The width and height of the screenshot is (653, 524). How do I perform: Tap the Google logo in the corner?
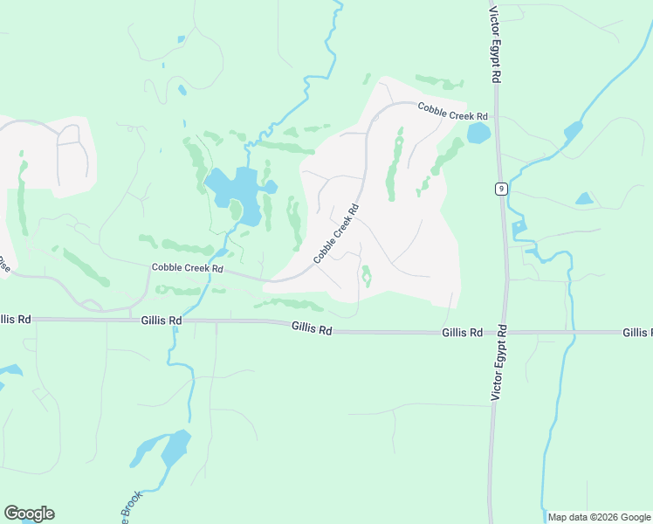[x=29, y=514]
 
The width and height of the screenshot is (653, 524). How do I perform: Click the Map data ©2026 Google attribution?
[x=599, y=517]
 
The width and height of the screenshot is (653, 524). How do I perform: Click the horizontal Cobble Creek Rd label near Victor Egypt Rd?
[x=451, y=111]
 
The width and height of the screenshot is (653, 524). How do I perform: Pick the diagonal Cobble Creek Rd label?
[x=336, y=235]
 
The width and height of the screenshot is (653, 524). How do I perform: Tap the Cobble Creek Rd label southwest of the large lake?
[x=187, y=268]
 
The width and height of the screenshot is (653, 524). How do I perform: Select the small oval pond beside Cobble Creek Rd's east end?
[x=478, y=134]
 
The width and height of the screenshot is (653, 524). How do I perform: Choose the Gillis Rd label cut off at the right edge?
[x=637, y=333]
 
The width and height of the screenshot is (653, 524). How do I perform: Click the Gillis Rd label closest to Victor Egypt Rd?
[x=462, y=333]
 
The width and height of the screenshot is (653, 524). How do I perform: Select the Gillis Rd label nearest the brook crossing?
[x=161, y=321]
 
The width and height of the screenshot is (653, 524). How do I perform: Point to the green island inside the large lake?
[x=236, y=210]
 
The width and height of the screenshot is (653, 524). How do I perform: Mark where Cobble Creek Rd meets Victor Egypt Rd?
[x=495, y=115]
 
